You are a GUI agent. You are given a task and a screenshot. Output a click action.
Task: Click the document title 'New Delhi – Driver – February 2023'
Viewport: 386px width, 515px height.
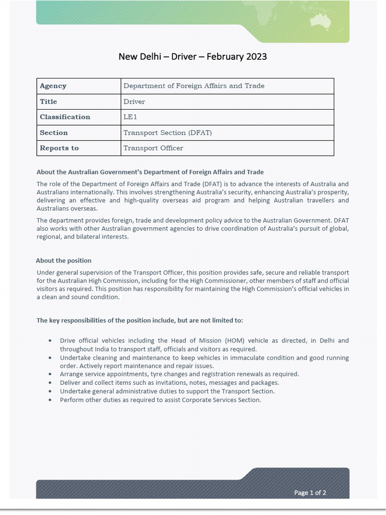click(x=192, y=56)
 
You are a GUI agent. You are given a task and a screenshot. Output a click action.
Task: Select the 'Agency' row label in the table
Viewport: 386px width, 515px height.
click(x=53, y=86)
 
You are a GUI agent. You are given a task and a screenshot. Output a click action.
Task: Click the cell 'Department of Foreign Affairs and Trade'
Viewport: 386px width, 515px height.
click(x=194, y=86)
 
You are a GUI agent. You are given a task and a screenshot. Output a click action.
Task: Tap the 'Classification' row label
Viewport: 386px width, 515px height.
click(x=65, y=117)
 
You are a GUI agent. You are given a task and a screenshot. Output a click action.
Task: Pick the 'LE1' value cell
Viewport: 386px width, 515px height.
click(x=130, y=117)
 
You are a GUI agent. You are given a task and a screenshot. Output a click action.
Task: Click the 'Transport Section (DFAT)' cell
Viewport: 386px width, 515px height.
click(x=168, y=133)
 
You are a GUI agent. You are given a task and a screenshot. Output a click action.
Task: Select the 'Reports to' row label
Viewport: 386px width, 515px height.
click(x=59, y=148)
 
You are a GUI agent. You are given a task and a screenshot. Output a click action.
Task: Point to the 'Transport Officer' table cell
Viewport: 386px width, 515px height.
click(x=153, y=148)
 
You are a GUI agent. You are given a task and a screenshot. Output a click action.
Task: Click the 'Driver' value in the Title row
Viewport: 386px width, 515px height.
click(x=134, y=102)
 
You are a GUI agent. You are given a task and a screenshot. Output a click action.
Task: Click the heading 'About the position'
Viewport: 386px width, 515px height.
click(x=64, y=261)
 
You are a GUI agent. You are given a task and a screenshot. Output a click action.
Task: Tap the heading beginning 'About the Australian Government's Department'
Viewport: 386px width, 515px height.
click(x=150, y=172)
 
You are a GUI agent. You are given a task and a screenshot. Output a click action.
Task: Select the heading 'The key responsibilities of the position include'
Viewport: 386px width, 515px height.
click(x=140, y=320)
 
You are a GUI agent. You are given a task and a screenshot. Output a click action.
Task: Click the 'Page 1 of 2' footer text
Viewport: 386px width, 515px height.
click(x=310, y=492)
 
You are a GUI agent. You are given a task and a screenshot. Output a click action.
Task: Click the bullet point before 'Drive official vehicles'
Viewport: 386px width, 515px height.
click(x=50, y=341)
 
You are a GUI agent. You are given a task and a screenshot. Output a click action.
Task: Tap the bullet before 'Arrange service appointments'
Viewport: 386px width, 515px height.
click(x=50, y=374)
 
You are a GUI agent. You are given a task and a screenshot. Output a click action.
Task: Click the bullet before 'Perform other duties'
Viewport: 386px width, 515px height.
click(x=50, y=400)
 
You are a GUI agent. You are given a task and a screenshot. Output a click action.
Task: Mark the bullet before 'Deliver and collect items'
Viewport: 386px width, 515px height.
click(x=50, y=383)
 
